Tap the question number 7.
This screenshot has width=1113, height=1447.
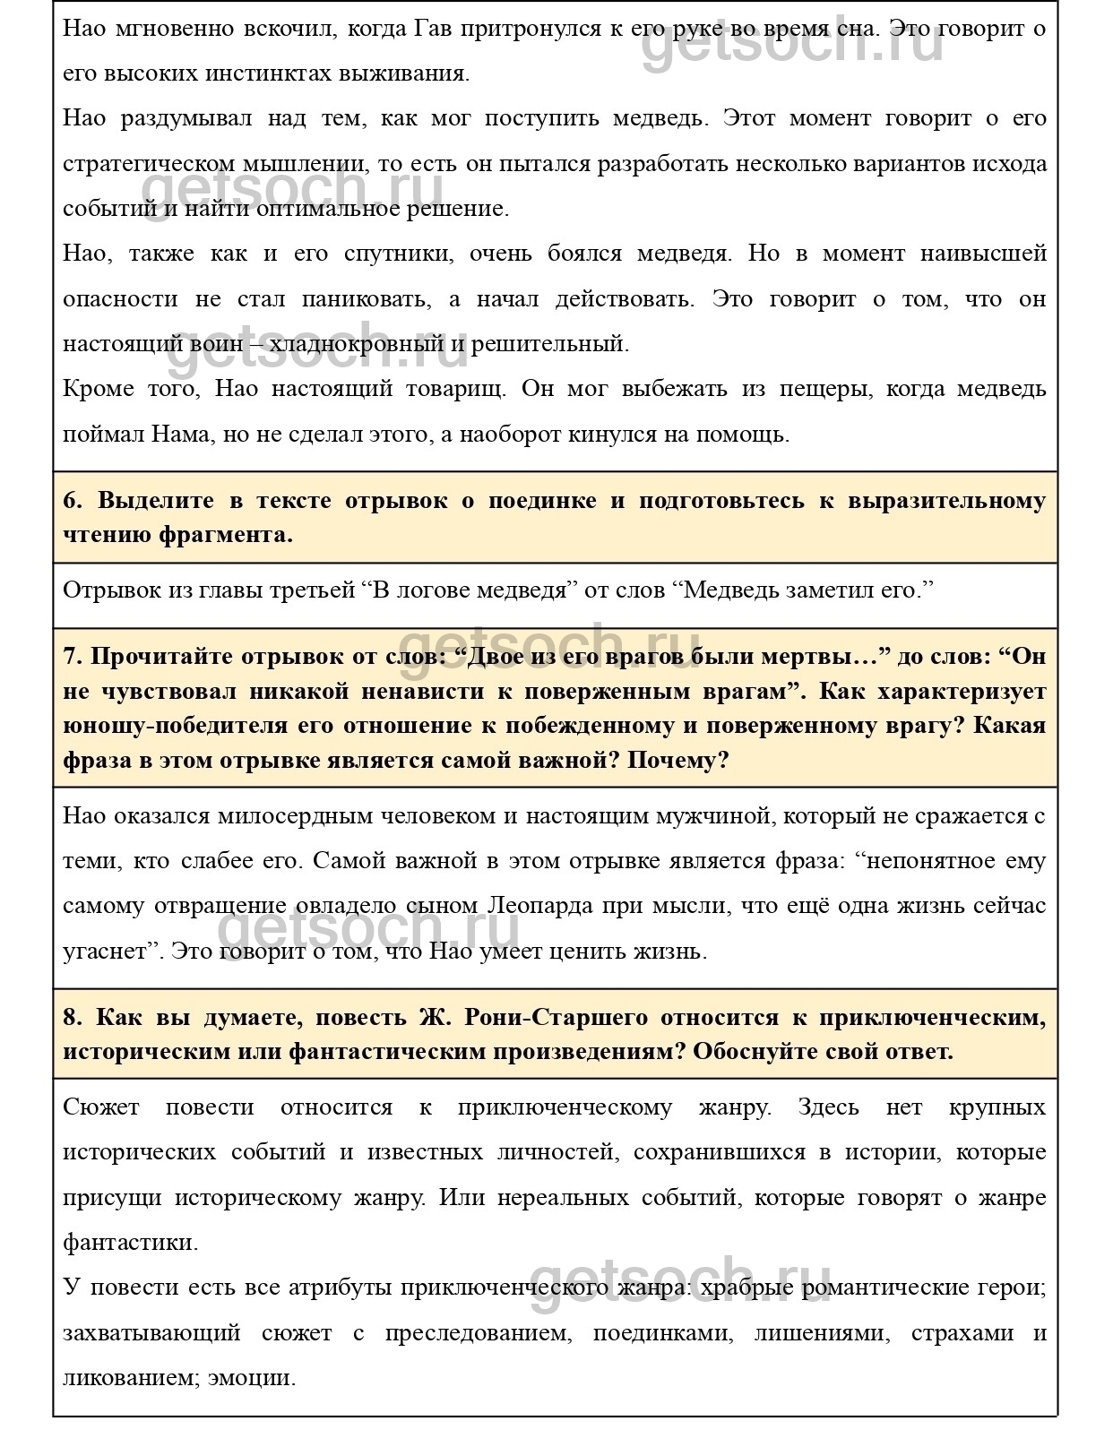pos(72,656)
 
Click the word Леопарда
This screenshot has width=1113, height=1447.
pos(541,905)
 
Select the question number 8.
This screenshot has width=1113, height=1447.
pos(72,1017)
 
